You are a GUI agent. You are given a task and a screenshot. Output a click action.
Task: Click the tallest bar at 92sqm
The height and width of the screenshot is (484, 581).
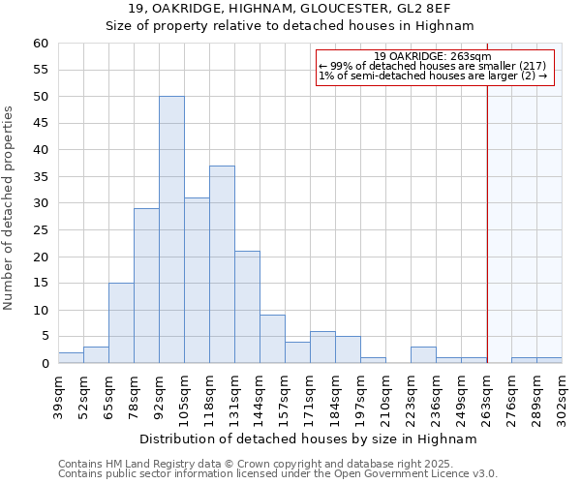tap(171, 230)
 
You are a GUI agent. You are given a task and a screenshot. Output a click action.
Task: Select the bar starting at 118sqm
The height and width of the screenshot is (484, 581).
tap(222, 264)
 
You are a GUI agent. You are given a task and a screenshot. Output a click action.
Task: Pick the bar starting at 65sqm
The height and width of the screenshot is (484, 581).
tap(121, 323)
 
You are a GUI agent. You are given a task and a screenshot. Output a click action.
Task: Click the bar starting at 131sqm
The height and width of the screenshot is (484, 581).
tap(247, 307)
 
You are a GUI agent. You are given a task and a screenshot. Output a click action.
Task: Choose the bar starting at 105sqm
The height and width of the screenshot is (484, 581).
tap(197, 281)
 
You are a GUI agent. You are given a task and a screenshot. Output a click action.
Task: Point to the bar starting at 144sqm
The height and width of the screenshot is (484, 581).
tap(272, 339)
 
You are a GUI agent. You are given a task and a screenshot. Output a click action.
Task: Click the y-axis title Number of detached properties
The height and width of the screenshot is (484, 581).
tap(10, 208)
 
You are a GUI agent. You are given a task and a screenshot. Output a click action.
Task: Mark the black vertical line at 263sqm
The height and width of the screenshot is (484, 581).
tap(487, 213)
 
